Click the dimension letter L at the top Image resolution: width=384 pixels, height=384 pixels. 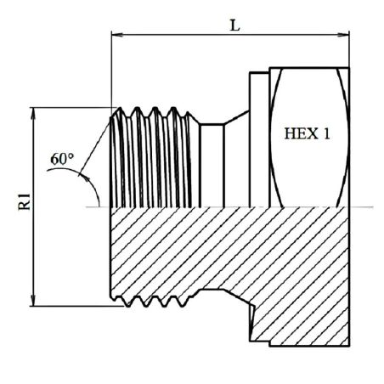tap(234, 25)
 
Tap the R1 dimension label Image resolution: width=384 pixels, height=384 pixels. tap(25, 201)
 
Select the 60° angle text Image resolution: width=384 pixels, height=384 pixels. tap(62, 159)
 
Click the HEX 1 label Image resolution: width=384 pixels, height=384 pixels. tap(307, 133)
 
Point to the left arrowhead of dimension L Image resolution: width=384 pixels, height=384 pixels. tap(117, 35)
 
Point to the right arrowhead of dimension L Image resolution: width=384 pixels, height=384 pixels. tap(343, 35)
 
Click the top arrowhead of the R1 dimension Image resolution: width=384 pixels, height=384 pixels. tap(33, 113)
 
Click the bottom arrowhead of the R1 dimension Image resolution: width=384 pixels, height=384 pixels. tap(33, 301)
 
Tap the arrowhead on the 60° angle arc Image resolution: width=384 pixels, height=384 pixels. tap(84, 177)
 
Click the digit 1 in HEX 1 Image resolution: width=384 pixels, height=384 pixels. tap(326, 133)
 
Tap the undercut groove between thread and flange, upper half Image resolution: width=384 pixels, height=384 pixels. tap(212, 165)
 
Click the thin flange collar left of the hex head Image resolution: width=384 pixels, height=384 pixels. tap(259, 139)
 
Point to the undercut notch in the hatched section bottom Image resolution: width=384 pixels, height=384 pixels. tap(212, 291)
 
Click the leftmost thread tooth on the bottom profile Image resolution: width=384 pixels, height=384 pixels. tap(127, 303)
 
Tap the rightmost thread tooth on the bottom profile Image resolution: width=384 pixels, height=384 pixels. tap(181, 303)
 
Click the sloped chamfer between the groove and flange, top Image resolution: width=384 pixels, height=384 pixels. tap(237, 117)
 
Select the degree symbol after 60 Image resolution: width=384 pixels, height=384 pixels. tap(71, 155)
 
